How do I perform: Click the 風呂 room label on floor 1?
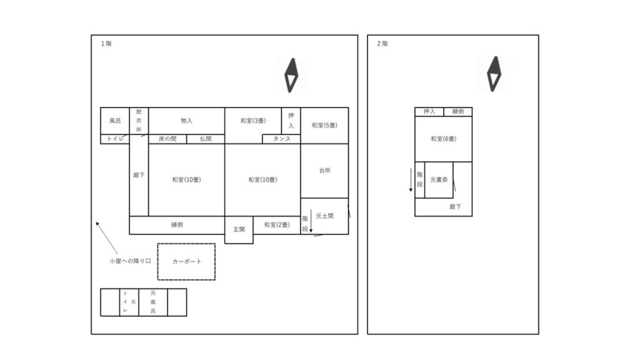[x=115, y=121]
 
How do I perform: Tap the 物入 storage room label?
[x=186, y=121]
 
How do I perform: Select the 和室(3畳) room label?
[x=253, y=121]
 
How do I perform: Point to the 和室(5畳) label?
[x=324, y=125]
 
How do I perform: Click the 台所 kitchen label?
[x=325, y=170]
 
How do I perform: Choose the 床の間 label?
[x=167, y=139]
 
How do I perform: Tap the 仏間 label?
[x=206, y=139]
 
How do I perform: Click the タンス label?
[x=282, y=139]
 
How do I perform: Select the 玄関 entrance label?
[x=239, y=229]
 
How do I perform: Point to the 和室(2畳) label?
[x=277, y=224]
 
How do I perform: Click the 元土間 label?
[x=325, y=216]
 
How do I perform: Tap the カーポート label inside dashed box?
[x=187, y=261]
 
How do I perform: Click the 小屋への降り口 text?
[x=130, y=261]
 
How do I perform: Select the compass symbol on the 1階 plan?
[x=291, y=76]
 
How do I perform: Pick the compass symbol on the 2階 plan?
[x=494, y=74]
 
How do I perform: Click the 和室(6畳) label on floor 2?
[x=444, y=139]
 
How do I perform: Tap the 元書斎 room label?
[x=439, y=179]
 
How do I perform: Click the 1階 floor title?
[x=106, y=44]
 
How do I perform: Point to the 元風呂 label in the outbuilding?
[x=153, y=302]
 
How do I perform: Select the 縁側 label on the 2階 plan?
[x=458, y=111]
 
